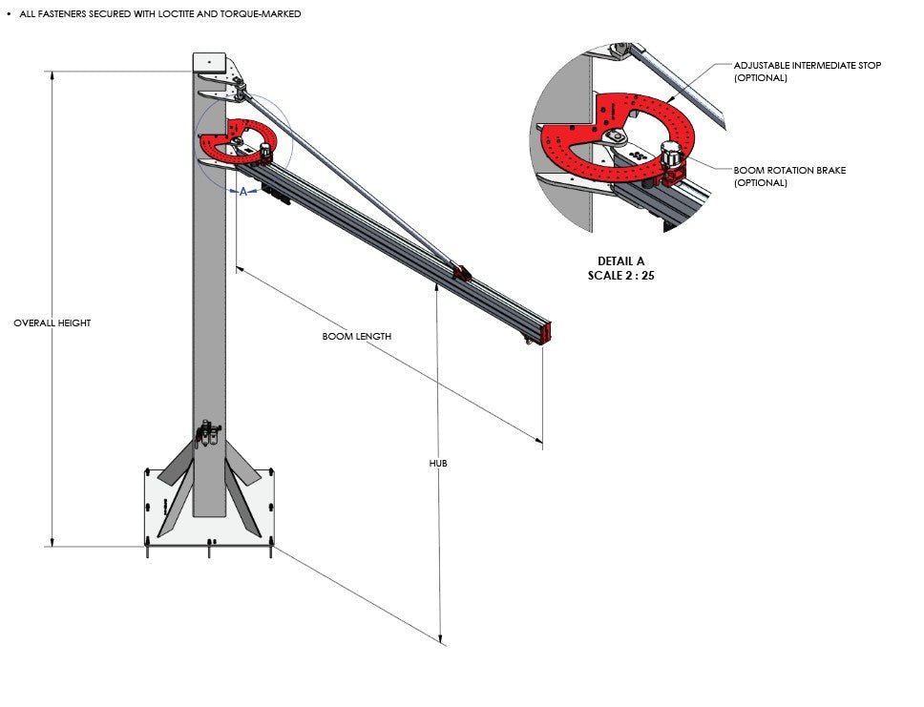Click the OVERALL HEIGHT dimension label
point(52,323)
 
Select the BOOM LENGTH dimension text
point(357,337)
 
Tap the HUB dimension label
point(438,463)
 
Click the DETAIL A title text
point(620,261)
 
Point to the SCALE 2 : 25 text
point(620,275)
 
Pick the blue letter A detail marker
point(243,192)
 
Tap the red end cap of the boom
point(547,331)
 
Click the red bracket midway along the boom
point(462,274)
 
